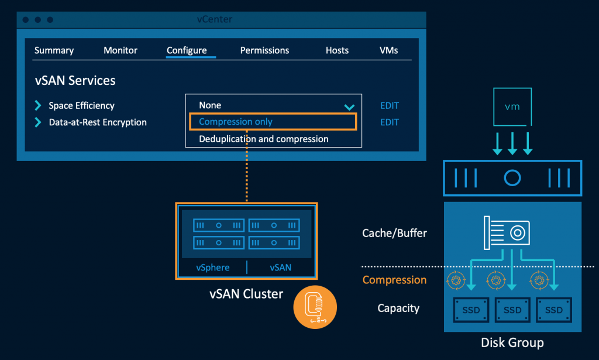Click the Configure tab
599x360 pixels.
click(x=187, y=50)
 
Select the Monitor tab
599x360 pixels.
click(x=121, y=50)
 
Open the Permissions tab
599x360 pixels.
click(x=264, y=50)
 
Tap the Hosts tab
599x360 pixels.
click(x=337, y=50)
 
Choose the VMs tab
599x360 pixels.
click(x=388, y=50)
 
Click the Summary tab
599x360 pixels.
click(x=54, y=50)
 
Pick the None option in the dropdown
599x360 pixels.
click(x=210, y=105)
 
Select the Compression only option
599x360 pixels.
click(x=236, y=122)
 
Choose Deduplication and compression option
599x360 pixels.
click(x=263, y=139)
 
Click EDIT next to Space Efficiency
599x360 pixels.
click(x=390, y=106)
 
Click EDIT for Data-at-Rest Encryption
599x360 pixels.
click(x=390, y=122)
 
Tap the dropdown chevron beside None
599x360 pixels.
click(x=349, y=107)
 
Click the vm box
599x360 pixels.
click(x=512, y=107)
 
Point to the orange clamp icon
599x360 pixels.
click(x=315, y=307)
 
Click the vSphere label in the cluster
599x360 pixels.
click(x=213, y=268)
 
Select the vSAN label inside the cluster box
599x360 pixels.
click(x=280, y=268)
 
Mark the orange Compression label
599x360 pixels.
click(x=394, y=280)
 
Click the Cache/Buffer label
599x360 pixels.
click(x=394, y=233)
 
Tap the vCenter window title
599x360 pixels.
click(x=215, y=19)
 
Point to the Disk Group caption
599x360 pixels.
click(x=512, y=343)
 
